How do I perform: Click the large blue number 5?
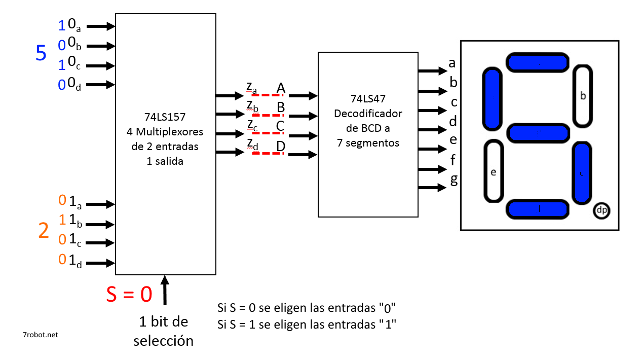(41, 53)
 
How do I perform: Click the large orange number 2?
(44, 231)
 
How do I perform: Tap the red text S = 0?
(129, 294)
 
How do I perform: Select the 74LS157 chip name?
(165, 117)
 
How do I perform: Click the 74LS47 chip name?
(368, 99)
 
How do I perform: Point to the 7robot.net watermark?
(41, 335)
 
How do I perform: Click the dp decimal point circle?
(601, 210)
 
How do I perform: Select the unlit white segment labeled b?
(583, 96)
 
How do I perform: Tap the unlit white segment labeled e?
(494, 171)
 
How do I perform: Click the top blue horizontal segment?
(537, 62)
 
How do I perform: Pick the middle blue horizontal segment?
(538, 133)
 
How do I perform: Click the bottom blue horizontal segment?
(538, 209)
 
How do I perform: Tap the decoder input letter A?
(281, 89)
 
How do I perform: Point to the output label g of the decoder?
(454, 180)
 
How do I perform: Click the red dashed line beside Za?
(268, 95)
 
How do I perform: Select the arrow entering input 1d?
(103, 263)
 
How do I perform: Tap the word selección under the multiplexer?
(163, 341)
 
